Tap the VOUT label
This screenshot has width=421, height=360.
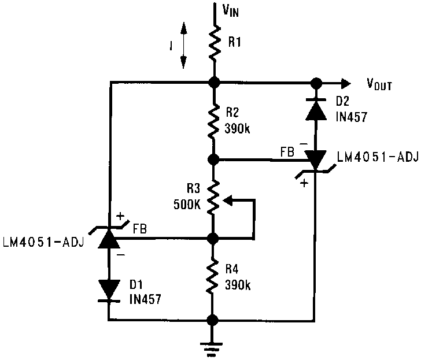pyautogui.click(x=379, y=85)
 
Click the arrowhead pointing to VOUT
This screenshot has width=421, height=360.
pyautogui.click(x=344, y=82)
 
